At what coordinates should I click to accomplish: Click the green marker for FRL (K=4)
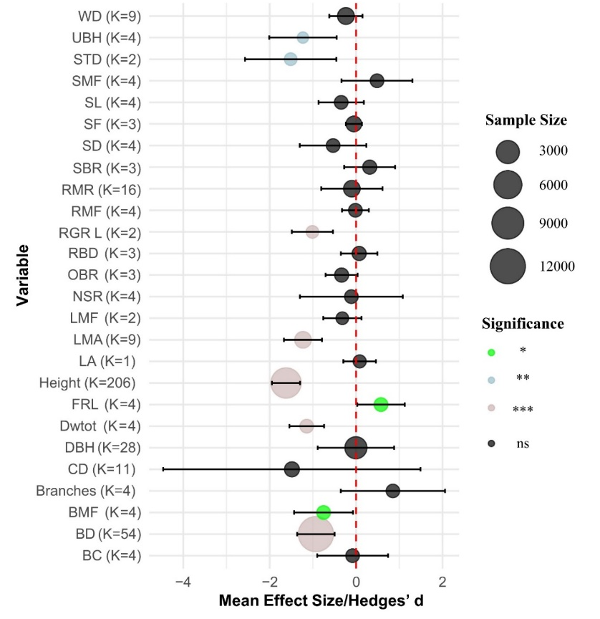coord(381,404)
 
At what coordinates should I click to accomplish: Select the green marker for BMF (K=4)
coord(324,512)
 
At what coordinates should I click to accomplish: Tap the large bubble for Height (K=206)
coord(286,383)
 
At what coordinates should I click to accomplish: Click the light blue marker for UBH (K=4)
coord(303,37)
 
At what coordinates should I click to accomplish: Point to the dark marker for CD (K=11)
coord(291,469)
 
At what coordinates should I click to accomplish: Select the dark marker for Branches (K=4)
coord(392,491)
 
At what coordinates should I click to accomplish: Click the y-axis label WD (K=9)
coord(110,16)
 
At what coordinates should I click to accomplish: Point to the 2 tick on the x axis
coord(442,580)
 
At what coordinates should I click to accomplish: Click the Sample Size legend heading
coord(526,120)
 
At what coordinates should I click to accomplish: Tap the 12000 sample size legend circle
coord(513,267)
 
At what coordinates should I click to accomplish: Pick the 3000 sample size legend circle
coord(509,151)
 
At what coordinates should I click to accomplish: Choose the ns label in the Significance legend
coord(523,443)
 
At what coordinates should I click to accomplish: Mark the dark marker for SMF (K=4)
coord(377,80)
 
